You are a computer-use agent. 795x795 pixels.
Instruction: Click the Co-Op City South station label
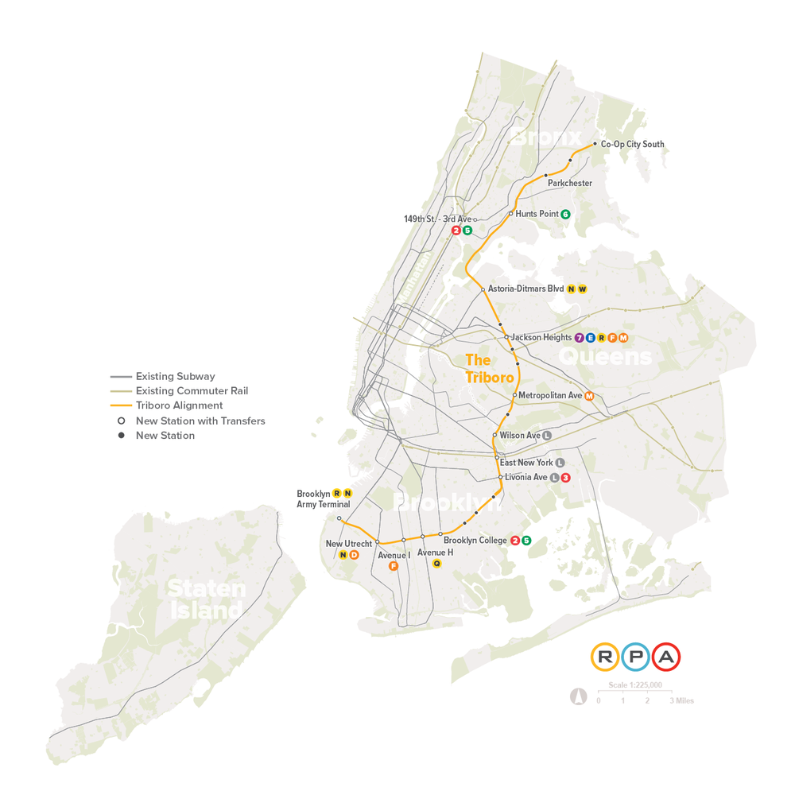[x=632, y=145]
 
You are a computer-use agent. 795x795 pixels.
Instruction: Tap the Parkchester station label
[x=570, y=184]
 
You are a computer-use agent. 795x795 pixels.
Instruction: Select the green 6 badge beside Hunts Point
[x=565, y=214]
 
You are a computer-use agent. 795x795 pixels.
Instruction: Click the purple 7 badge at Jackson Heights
[x=579, y=338]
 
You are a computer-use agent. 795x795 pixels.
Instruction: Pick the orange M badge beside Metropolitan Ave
[x=589, y=396]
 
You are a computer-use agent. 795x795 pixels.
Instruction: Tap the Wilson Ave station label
[x=520, y=436]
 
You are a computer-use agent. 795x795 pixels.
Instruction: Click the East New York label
[x=526, y=463]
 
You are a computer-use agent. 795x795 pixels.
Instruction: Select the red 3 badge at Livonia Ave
[x=565, y=478]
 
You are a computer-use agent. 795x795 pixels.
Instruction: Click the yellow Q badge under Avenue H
[x=436, y=564]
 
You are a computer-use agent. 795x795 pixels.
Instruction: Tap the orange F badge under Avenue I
[x=393, y=566]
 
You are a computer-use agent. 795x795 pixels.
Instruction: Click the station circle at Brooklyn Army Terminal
[x=339, y=518]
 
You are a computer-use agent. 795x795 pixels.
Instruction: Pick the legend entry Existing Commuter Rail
[x=192, y=391]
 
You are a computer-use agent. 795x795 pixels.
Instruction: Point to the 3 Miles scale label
[x=681, y=701]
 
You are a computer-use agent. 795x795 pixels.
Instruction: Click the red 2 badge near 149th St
[x=456, y=231]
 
